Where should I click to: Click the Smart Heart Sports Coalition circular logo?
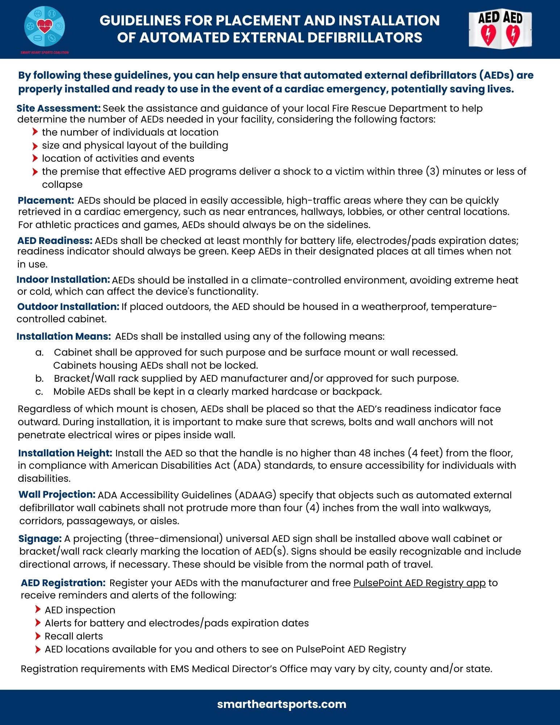(45, 26)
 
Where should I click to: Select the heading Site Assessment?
(58, 108)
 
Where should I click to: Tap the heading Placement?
(46, 200)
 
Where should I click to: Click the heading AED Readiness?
(55, 241)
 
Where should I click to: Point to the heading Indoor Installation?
(63, 279)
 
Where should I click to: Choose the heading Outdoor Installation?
(68, 307)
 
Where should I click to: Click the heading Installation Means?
(63, 336)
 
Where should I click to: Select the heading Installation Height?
(65, 453)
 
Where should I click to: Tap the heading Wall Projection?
(57, 494)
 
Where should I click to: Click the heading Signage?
(40, 539)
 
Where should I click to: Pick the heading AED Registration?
(63, 583)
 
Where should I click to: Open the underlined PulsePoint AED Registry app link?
(419, 583)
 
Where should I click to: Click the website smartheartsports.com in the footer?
(282, 704)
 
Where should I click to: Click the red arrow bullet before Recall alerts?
(38, 636)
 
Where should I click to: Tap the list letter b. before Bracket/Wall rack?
(40, 379)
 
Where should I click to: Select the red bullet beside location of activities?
(35, 158)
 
